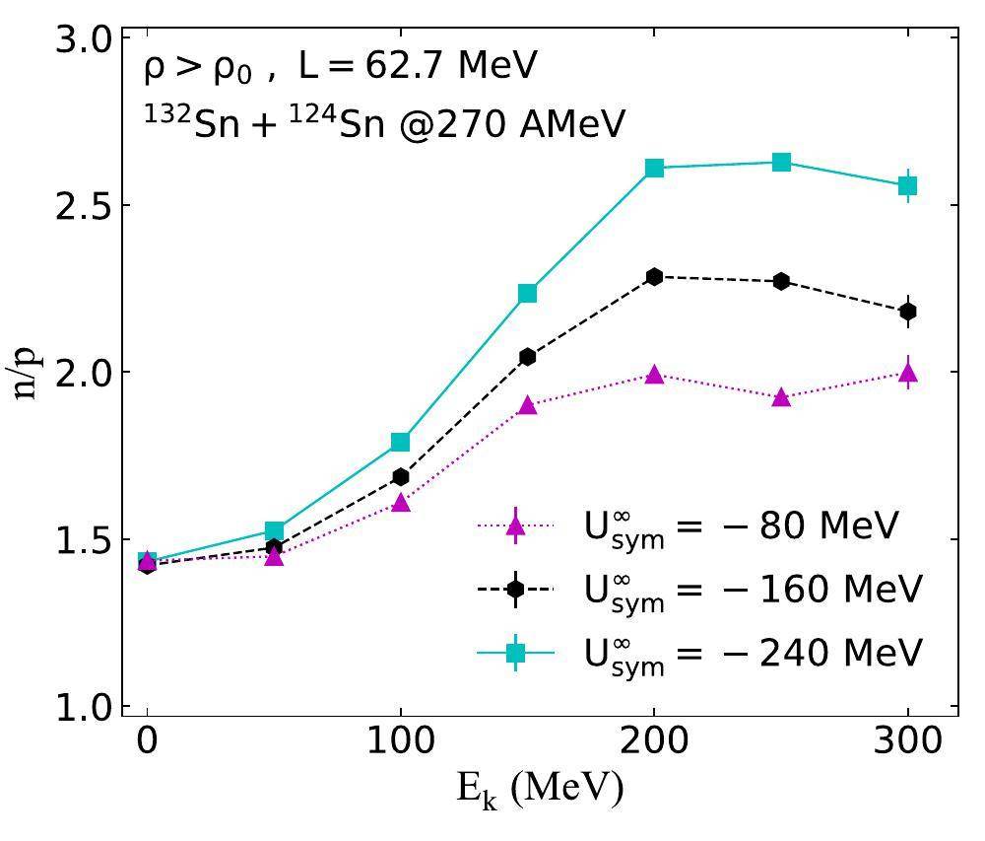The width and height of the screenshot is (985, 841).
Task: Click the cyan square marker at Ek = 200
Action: [654, 169]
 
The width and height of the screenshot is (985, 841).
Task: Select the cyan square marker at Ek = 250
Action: [781, 163]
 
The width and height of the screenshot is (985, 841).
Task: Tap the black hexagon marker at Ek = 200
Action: [654, 277]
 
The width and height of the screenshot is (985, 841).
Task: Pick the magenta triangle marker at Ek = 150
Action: [527, 405]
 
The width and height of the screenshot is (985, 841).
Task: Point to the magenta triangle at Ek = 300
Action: [907, 373]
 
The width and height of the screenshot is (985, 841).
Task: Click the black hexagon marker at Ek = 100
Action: [400, 477]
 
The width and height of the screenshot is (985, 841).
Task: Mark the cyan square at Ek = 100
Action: [400, 442]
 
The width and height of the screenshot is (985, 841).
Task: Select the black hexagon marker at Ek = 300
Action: [907, 312]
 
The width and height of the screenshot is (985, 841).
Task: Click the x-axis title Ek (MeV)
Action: [540, 791]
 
